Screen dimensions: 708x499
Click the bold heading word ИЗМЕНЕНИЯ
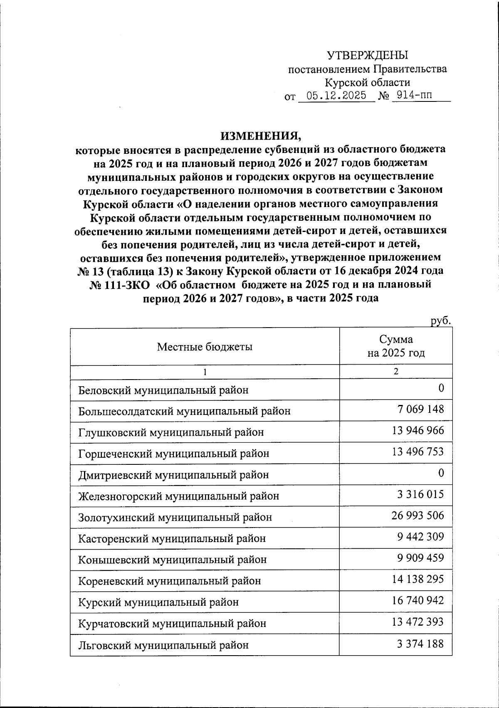pos(260,136)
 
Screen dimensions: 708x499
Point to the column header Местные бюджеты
pos(205,347)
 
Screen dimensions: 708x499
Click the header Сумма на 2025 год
pos(395,346)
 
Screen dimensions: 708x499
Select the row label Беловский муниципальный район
pos(163,390)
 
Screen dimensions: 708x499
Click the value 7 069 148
pos(420,409)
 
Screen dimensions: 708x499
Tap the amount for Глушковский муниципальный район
pos(417,430)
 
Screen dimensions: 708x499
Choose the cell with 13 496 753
pos(417,451)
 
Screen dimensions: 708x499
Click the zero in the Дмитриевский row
pos(441,473)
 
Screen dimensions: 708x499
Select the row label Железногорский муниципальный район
pos(178,496)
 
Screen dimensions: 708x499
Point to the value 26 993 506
pos(417,516)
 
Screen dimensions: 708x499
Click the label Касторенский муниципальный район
pos(172,539)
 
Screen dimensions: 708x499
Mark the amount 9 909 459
pos(420,558)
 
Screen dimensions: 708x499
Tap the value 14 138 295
pos(417,579)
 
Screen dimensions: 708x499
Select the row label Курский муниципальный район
pos(158,602)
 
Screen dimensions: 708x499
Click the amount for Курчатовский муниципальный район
pos(417,622)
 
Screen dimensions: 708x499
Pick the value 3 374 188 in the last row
pos(420,644)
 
